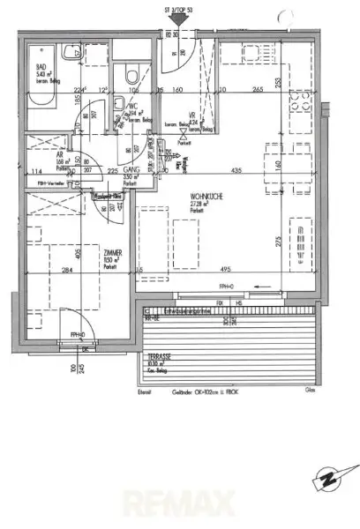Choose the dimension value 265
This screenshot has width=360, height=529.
click(x=258, y=89)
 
